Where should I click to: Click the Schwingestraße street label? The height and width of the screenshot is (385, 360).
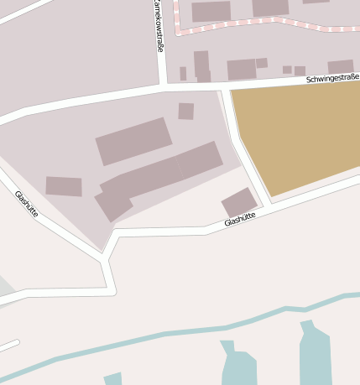coord(332,78)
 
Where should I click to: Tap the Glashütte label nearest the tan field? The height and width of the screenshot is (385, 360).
coord(240,220)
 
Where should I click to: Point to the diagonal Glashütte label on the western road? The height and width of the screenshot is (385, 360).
coord(27,204)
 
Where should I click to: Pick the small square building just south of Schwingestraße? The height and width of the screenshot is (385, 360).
coord(186,111)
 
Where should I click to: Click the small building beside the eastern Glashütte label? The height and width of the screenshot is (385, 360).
coord(239,202)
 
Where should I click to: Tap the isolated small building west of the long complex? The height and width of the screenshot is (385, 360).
coord(64,186)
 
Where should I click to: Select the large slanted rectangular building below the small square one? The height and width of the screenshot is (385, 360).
coord(133,140)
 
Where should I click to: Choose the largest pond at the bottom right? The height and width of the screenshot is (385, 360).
coord(316,356)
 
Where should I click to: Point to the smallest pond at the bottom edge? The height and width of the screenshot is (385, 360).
coord(113,378)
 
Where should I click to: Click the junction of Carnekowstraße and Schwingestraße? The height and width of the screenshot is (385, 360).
coord(160,86)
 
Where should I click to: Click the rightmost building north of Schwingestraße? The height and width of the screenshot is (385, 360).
coord(340,67)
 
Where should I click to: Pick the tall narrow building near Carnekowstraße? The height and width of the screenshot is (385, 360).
coord(201,65)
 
